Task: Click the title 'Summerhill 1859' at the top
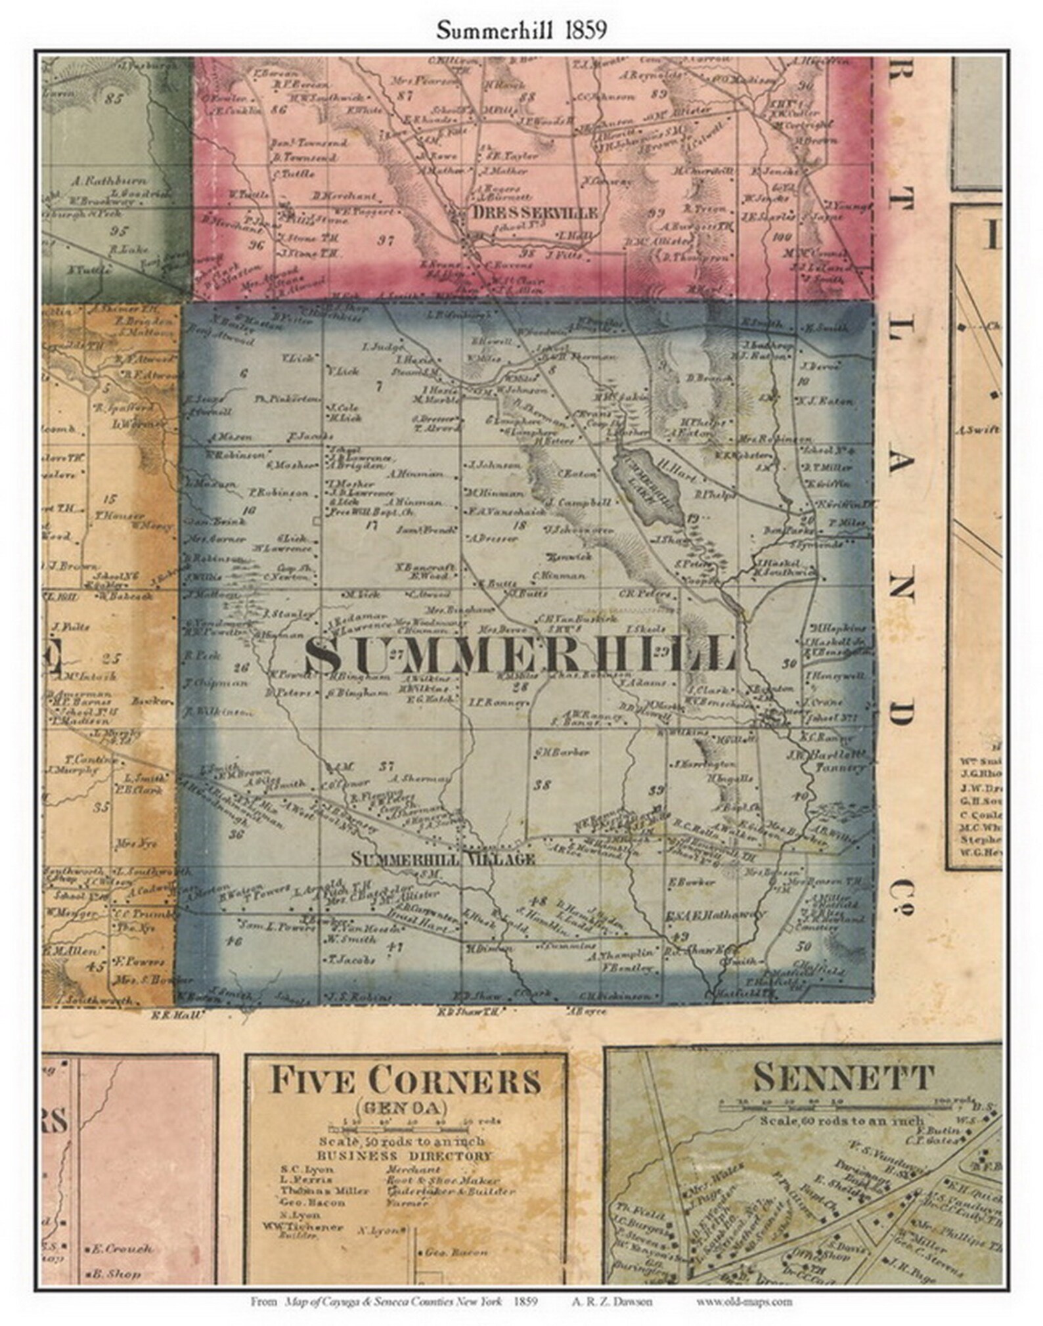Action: coord(521,31)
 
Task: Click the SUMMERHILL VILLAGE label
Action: coord(443,858)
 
